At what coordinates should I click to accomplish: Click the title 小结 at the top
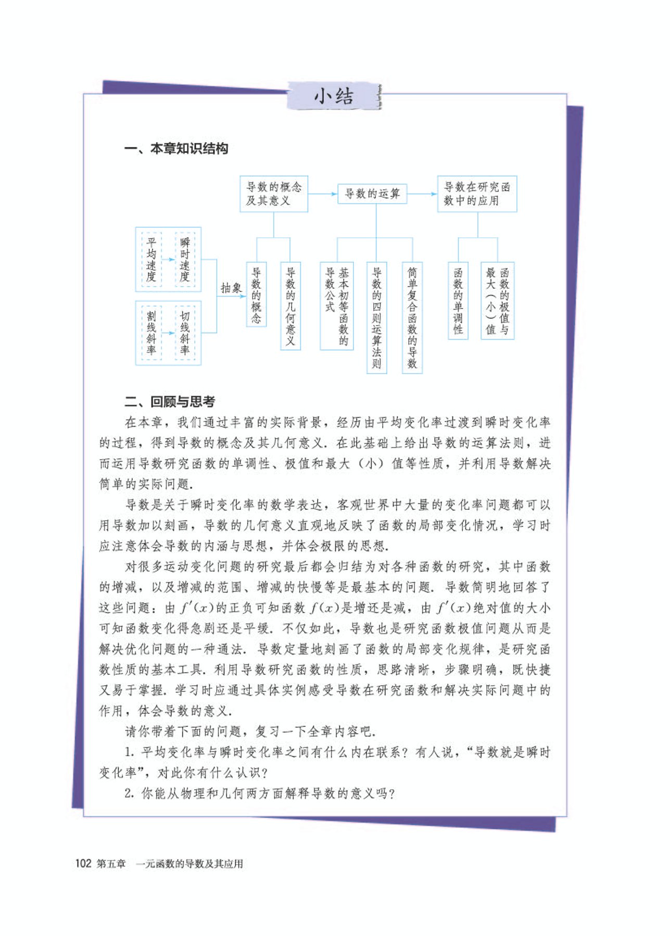334,97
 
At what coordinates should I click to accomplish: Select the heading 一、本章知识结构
176,149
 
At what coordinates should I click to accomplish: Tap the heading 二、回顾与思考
169,401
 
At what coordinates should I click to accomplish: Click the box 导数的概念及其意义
273,194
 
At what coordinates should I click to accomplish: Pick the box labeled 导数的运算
372,194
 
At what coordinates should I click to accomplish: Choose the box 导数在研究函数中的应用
476,194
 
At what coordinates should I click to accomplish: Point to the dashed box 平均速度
151,260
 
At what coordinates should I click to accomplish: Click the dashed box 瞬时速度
185,260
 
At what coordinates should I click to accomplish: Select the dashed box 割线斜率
151,333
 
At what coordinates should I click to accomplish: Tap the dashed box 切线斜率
185,333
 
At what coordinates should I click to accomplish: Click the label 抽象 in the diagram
231,288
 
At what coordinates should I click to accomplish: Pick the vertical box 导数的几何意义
290,306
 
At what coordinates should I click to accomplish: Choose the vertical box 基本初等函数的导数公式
337,306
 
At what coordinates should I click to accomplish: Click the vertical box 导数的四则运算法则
376,317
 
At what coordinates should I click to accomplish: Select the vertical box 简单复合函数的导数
412,317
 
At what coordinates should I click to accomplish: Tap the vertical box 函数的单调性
458,301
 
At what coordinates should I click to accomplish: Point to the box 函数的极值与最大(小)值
497,301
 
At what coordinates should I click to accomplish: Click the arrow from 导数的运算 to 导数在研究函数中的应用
422,194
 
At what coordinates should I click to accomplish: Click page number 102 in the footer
83,864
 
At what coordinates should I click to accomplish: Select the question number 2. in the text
130,794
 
